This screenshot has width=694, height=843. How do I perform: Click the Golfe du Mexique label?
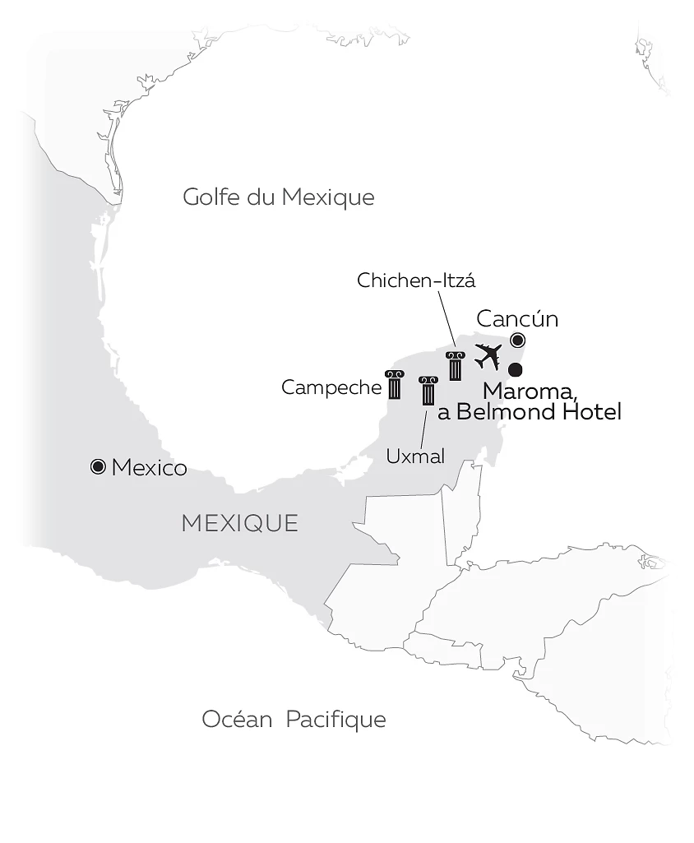278,197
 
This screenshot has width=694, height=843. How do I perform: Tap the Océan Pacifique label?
294,720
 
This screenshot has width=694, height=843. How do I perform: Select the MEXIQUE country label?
239,522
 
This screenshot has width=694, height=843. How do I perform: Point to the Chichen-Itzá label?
416,280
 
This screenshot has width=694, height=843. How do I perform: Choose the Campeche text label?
331,387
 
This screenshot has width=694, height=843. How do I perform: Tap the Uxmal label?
415,456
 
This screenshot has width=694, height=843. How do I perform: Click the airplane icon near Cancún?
488,357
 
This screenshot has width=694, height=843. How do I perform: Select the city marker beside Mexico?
98,467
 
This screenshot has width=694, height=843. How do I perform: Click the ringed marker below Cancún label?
518,340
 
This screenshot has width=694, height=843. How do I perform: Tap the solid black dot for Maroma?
516,370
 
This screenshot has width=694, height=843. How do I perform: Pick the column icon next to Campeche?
395,385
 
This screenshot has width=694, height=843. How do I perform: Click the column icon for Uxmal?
428,391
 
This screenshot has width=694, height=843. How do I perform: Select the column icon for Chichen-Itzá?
455,366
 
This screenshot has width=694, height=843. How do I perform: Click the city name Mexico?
149,468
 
